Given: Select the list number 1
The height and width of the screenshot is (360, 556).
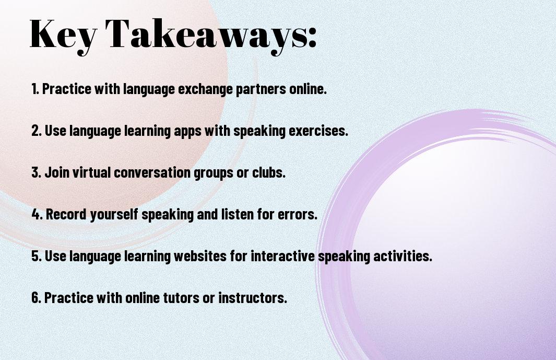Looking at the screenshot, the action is click(x=35, y=89).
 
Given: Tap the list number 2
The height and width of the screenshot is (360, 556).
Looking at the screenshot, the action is click(x=36, y=131).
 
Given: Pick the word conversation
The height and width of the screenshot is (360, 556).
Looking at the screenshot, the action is click(x=152, y=172).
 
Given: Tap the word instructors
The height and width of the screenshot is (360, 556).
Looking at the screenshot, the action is click(x=253, y=298).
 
